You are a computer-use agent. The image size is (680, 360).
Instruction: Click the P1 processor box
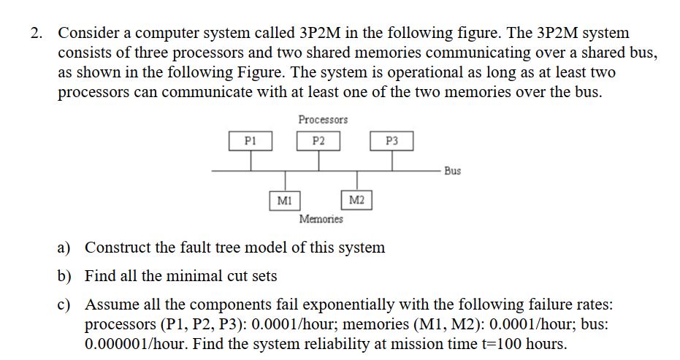(x=249, y=141)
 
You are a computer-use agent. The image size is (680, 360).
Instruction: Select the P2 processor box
(x=318, y=141)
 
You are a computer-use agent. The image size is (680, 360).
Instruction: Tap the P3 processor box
(x=392, y=141)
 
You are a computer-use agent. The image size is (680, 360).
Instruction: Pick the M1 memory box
(x=284, y=199)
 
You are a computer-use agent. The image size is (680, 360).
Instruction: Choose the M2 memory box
(x=357, y=199)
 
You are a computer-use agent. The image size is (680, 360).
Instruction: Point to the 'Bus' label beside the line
(x=452, y=171)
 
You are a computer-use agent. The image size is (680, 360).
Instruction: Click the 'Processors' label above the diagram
(x=323, y=119)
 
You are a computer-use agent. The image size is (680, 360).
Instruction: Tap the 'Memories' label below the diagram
(x=321, y=219)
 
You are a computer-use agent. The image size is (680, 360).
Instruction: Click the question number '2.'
(x=37, y=34)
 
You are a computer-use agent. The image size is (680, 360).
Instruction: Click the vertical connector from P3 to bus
(x=392, y=161)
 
